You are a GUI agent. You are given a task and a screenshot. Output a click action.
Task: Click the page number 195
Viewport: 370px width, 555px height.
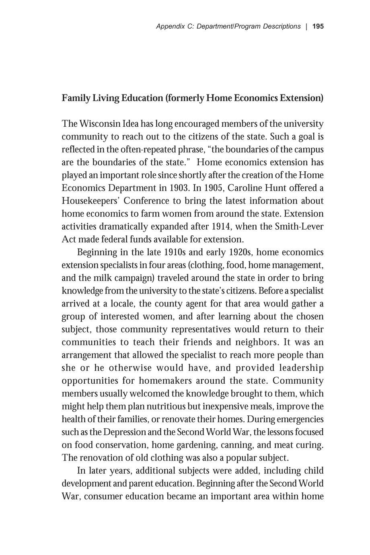318,27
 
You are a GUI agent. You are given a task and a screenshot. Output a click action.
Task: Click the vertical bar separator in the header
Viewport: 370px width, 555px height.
306,27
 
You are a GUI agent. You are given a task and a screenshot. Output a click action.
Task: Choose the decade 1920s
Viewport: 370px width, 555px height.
240,253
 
